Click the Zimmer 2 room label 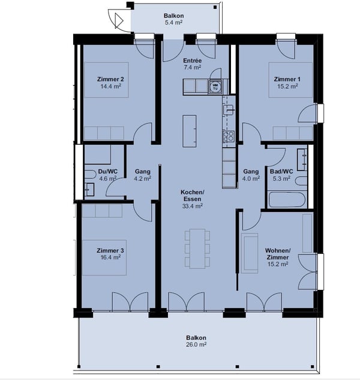[110, 79]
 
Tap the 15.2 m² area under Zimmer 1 [287, 86]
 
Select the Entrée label [193, 61]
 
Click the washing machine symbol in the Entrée [215, 86]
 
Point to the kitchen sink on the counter [228, 109]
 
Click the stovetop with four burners [229, 136]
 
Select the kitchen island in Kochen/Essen [190, 131]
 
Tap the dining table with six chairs [197, 249]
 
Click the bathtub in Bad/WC [287, 200]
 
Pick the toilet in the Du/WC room [90, 175]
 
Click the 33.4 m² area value [193, 206]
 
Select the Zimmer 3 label [110, 250]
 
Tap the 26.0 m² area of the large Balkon [196, 345]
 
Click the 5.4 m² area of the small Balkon [174, 23]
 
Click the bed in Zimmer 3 [104, 258]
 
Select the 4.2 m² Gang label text [142, 178]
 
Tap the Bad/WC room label [281, 171]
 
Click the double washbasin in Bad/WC [302, 160]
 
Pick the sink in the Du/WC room [89, 190]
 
